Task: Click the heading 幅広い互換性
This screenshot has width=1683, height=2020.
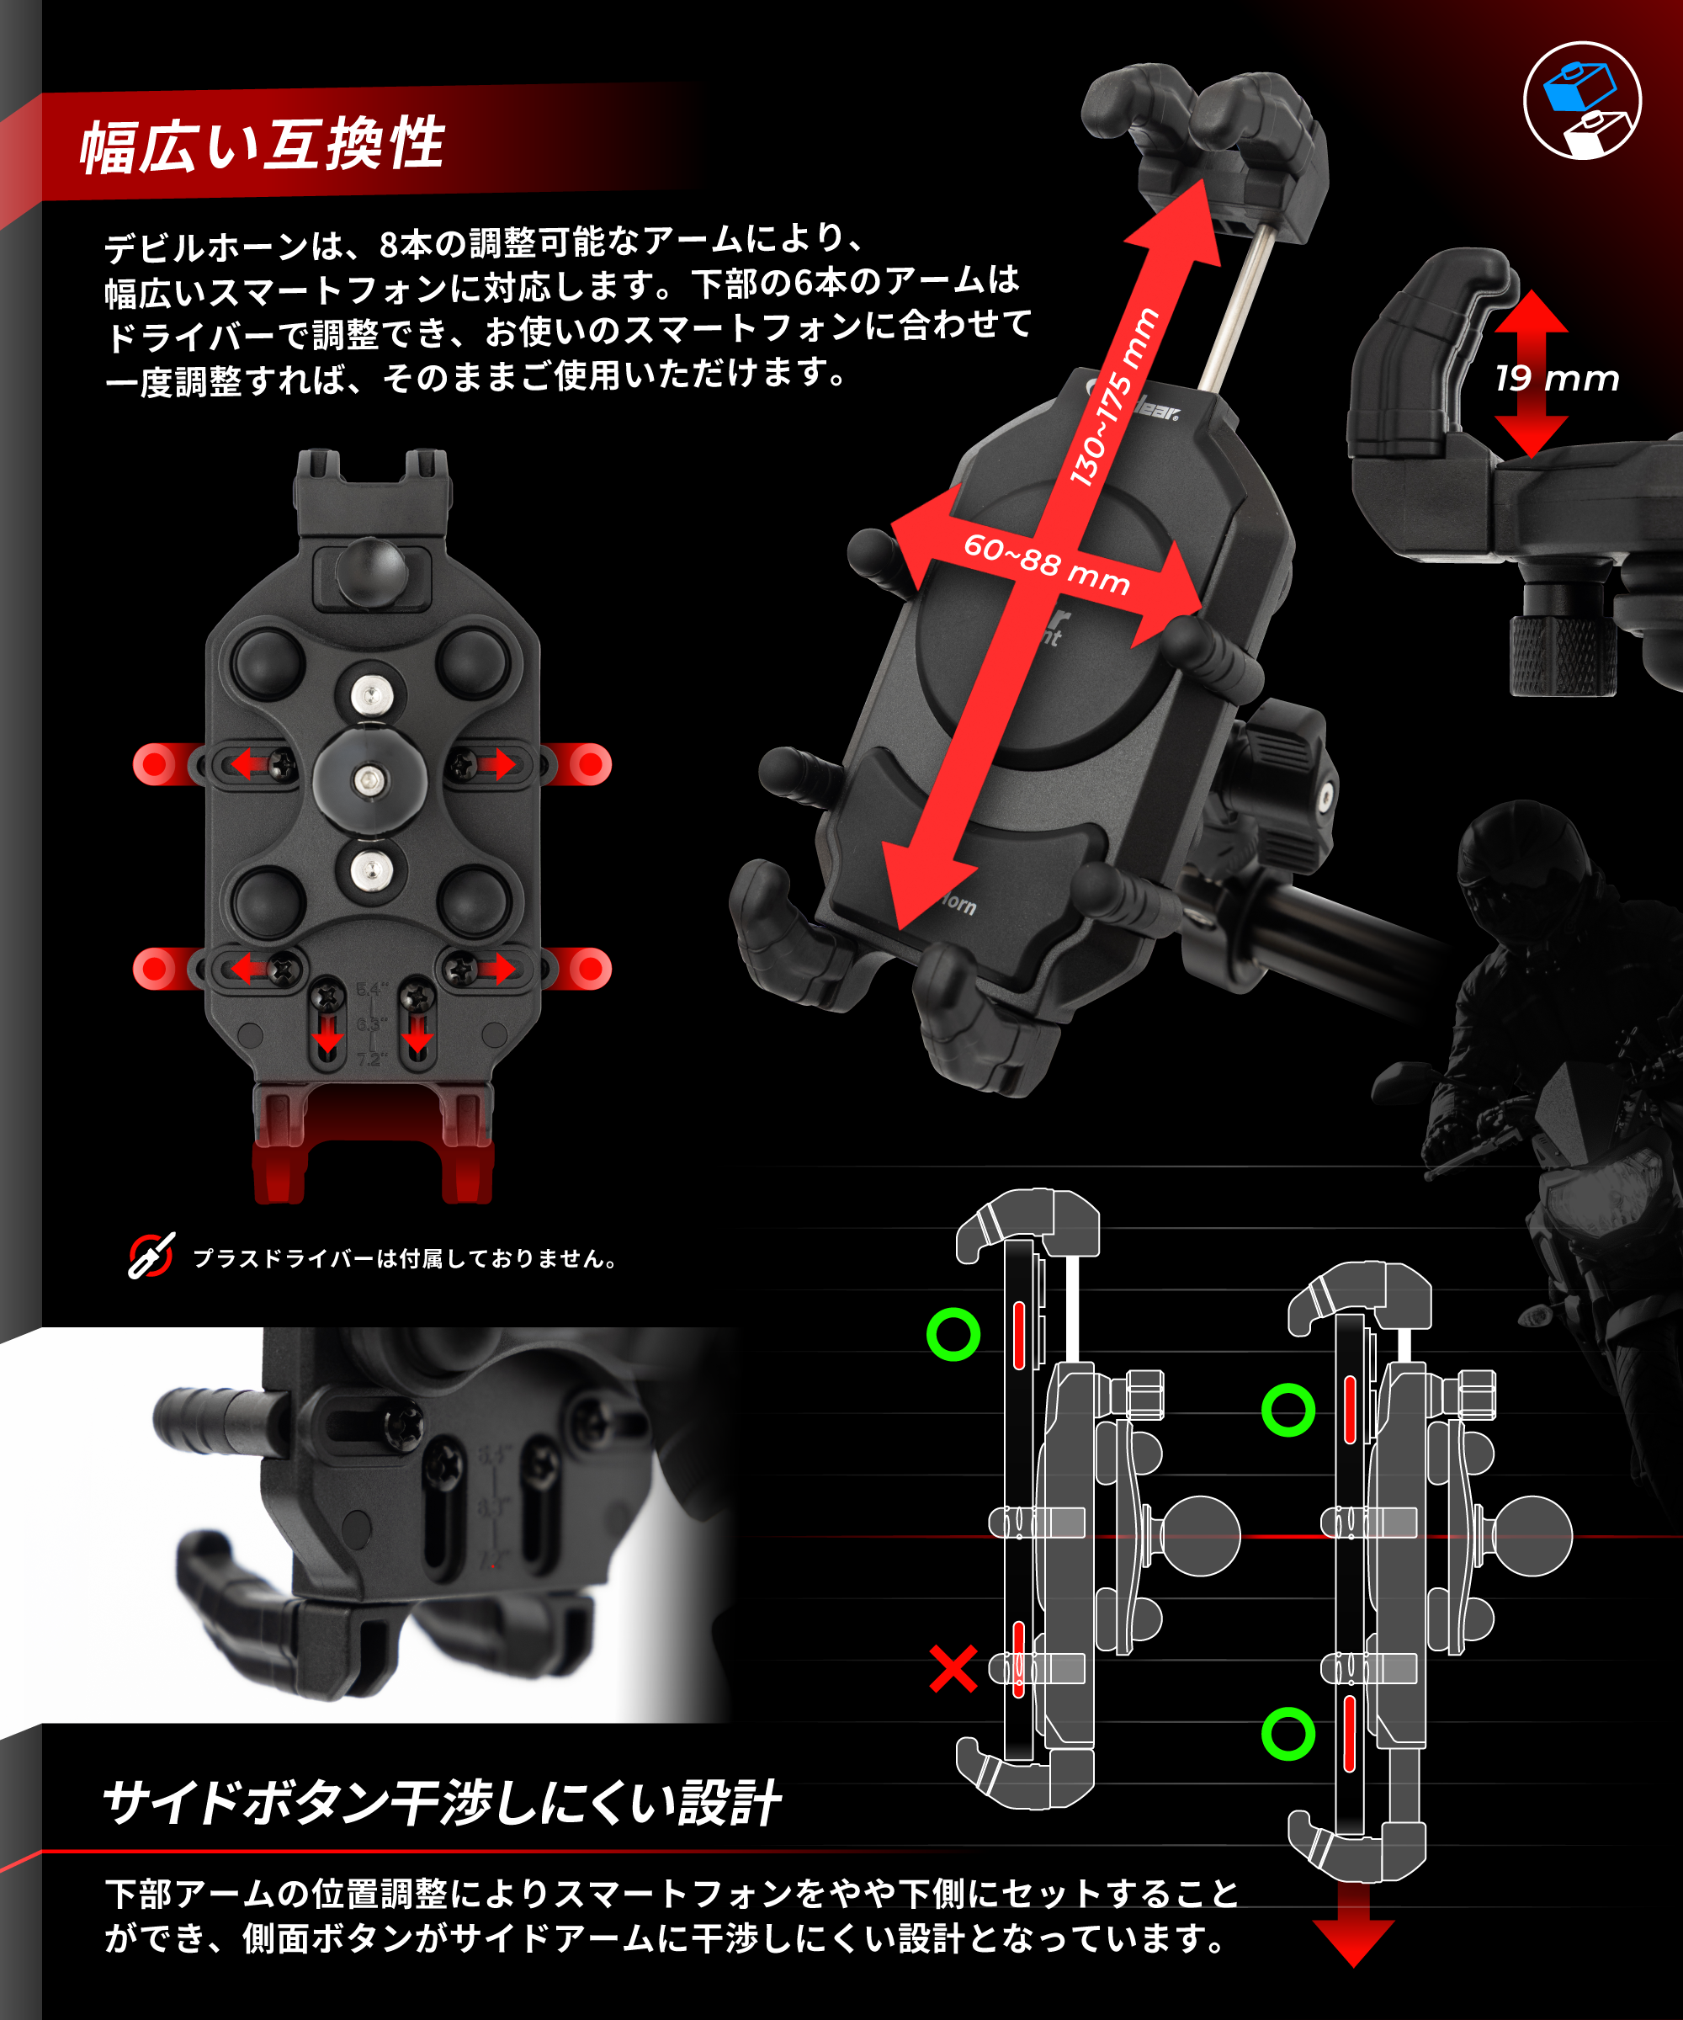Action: click(262, 146)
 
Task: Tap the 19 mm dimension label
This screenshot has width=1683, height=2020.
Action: click(1556, 379)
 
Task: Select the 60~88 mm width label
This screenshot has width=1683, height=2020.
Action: click(1046, 564)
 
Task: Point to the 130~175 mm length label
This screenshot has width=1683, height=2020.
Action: click(1113, 396)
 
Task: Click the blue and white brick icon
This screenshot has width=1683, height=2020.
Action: click(1582, 100)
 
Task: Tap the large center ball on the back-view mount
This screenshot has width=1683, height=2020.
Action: click(369, 779)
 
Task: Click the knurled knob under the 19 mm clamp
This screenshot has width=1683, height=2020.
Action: click(1562, 654)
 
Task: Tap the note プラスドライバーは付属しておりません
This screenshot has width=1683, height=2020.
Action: click(404, 1258)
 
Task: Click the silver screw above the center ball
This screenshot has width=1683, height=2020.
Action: click(370, 694)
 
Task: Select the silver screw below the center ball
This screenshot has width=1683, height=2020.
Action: click(370, 870)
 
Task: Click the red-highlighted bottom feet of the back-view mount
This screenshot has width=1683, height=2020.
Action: click(372, 1145)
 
